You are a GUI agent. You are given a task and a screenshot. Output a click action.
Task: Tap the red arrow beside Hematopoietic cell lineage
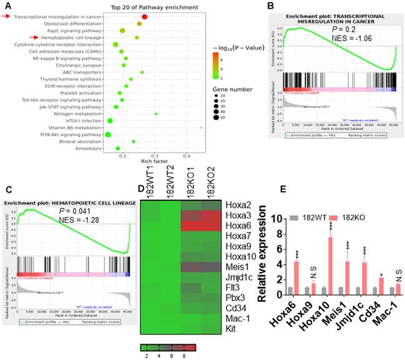(7, 38)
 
